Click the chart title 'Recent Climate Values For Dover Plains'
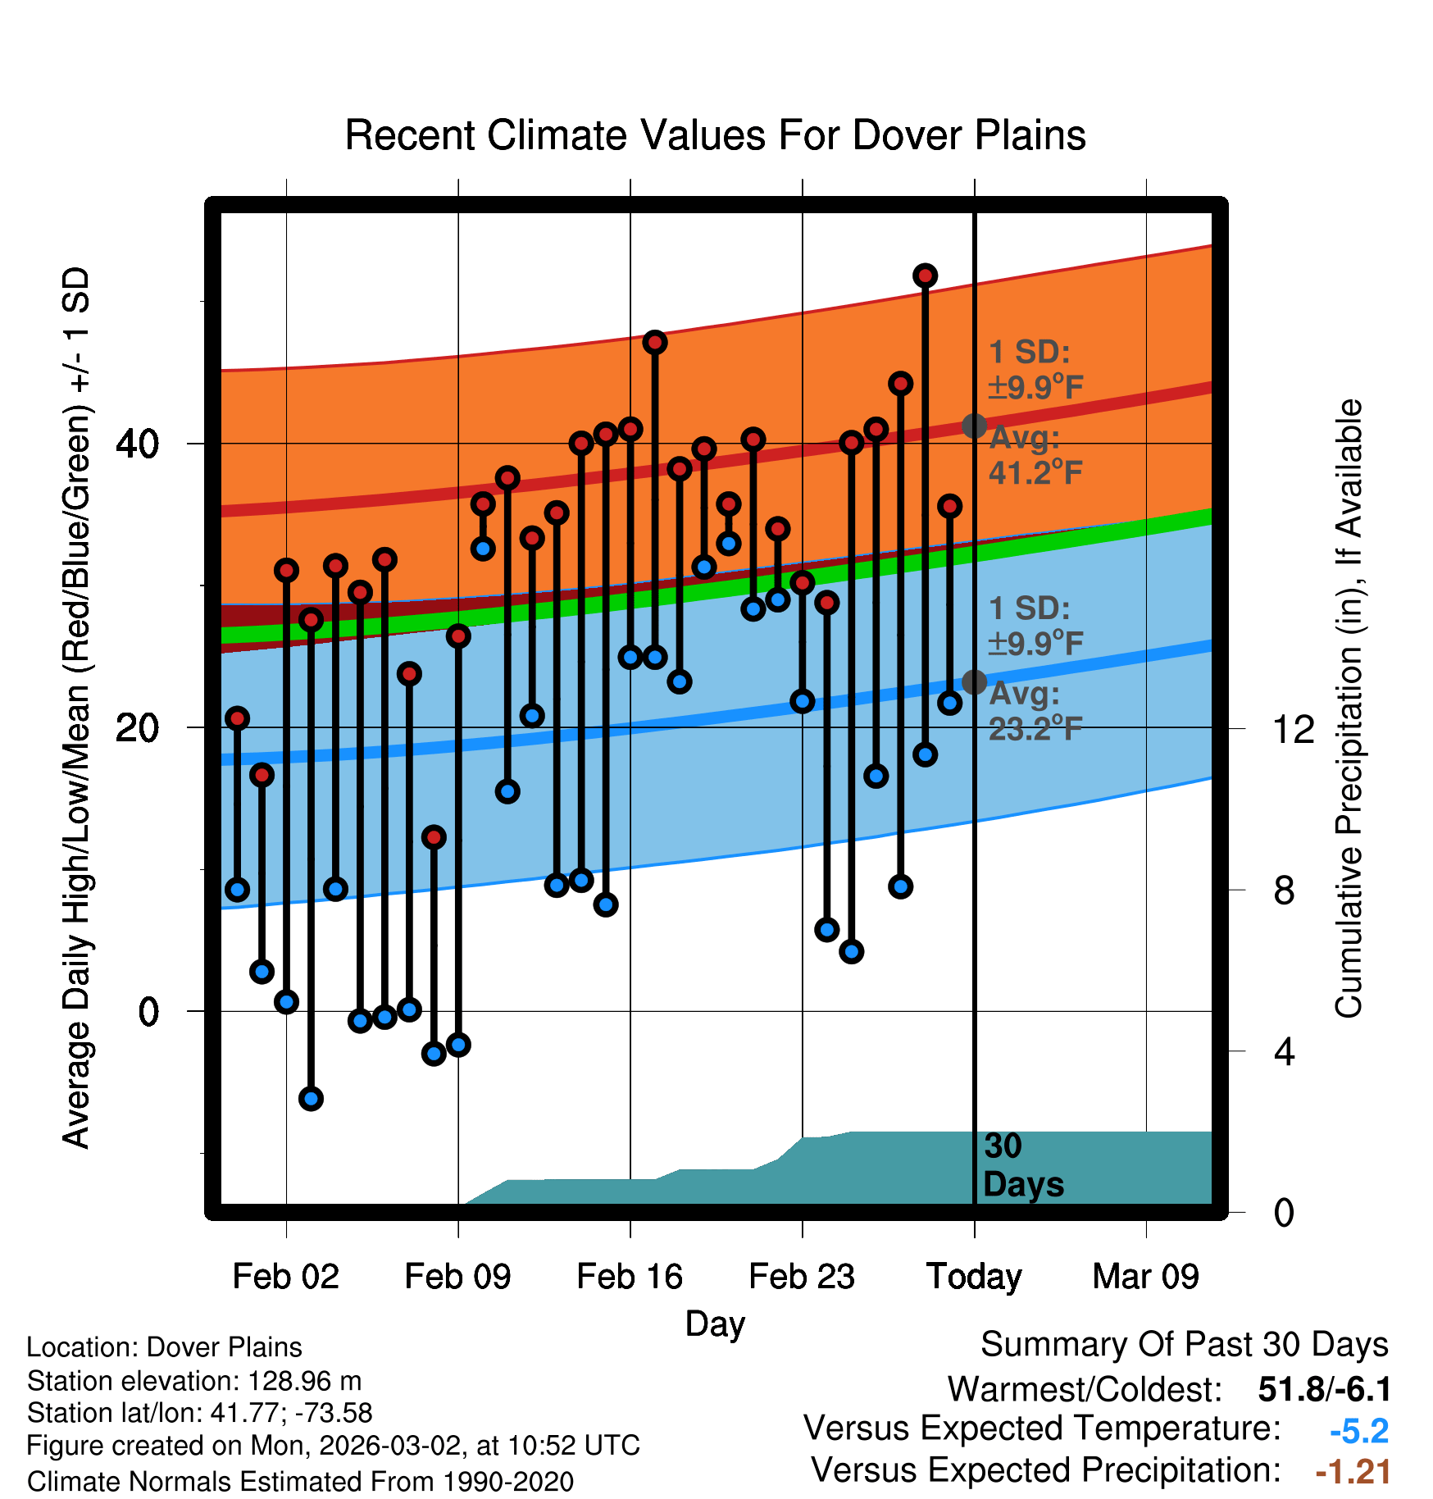point(715,135)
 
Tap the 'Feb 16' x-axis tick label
point(630,1277)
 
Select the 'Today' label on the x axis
point(974,1277)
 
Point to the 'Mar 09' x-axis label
point(1145,1277)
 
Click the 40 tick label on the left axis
point(137,444)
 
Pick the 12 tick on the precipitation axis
point(1294,729)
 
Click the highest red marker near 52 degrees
point(925,276)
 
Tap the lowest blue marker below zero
point(311,1099)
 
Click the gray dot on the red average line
point(974,426)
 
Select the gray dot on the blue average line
point(974,681)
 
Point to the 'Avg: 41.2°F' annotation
point(1035,455)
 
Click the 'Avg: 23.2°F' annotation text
point(1035,711)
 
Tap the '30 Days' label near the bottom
point(1022,1165)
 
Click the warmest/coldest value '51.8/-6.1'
point(1324,1389)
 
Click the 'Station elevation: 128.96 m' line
point(194,1381)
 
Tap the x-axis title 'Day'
point(715,1324)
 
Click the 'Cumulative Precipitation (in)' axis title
point(1349,709)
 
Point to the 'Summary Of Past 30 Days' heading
point(1184,1345)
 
